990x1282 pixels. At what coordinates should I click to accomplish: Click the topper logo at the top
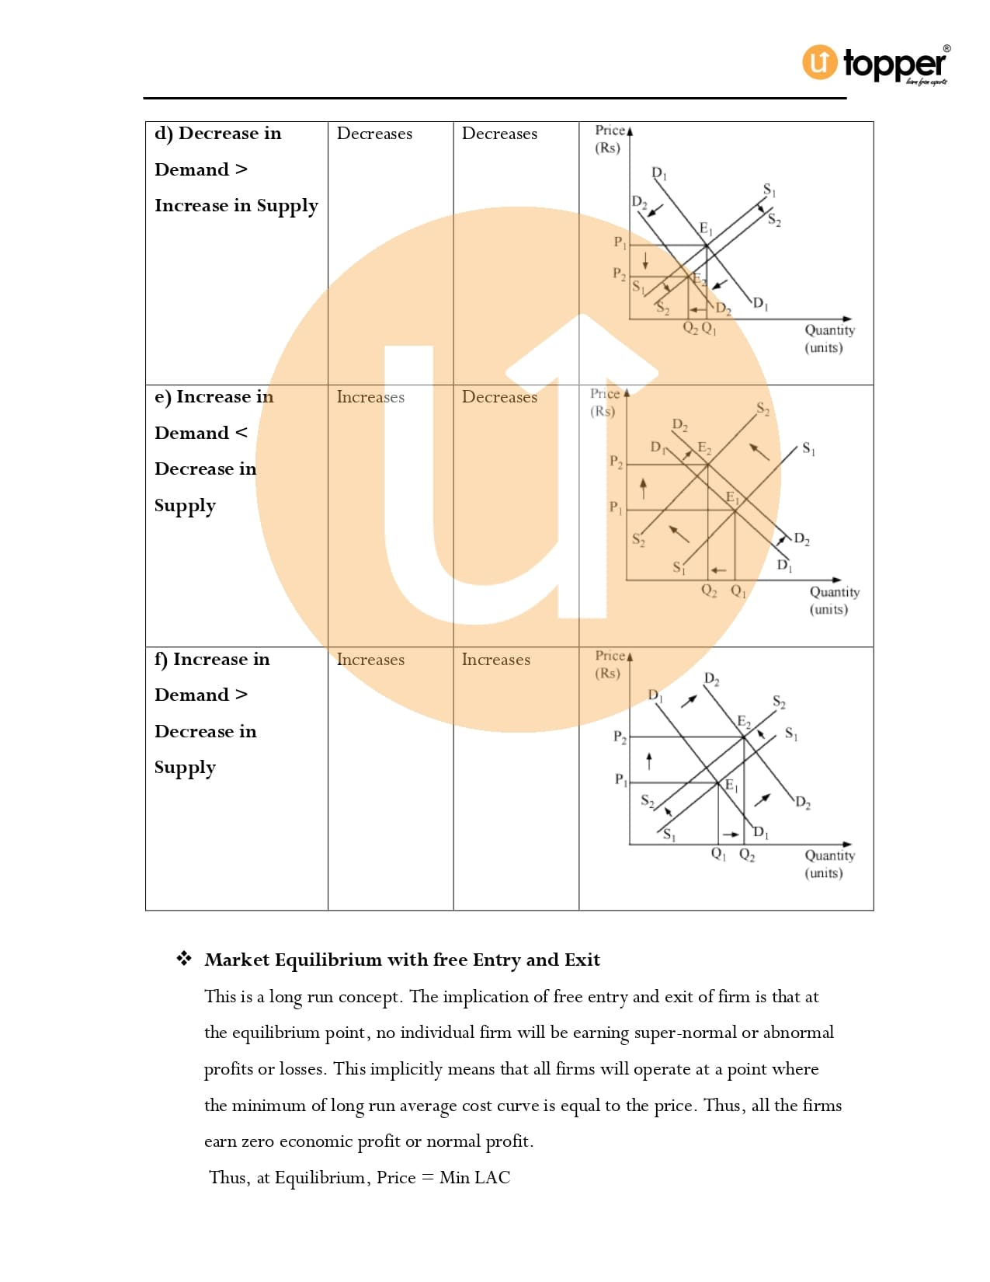tap(875, 64)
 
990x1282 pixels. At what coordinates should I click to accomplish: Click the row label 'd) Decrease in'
tap(217, 134)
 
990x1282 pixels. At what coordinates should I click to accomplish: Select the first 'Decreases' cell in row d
tap(374, 134)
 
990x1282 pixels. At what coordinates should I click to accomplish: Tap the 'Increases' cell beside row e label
tap(370, 397)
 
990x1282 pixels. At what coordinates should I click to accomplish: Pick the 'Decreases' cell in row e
tap(499, 397)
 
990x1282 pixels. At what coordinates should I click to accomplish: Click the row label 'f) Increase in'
tap(212, 660)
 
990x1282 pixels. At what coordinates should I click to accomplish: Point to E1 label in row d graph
tap(706, 228)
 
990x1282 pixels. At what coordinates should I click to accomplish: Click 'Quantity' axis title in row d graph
tap(829, 330)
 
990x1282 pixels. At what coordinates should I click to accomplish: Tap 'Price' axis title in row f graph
tap(610, 656)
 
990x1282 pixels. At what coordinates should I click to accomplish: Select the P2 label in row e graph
tap(616, 462)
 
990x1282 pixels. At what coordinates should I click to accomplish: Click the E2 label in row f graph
tap(744, 722)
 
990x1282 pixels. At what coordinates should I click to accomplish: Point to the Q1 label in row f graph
tap(718, 854)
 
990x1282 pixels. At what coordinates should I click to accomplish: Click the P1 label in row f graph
tap(620, 779)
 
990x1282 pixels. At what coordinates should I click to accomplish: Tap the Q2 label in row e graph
tap(709, 590)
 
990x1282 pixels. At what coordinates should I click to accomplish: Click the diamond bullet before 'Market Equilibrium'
tap(184, 959)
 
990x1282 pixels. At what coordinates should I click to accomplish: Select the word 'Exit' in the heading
tap(582, 960)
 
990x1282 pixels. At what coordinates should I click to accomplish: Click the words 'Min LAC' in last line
tap(474, 1178)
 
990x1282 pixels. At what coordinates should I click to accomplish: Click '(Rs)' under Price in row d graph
tap(607, 148)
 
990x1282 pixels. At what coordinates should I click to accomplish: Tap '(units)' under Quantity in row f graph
tap(823, 873)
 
